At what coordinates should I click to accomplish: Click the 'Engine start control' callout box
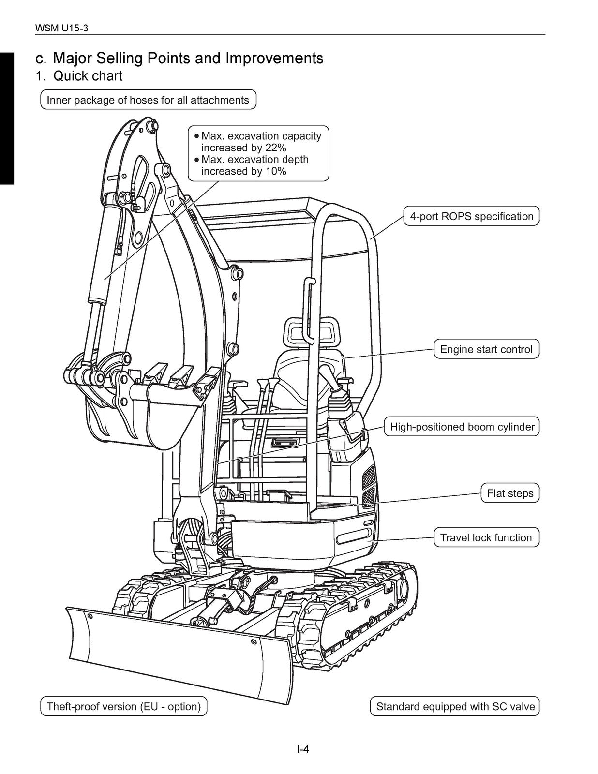pyautogui.click(x=486, y=349)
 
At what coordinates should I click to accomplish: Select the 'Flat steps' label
pyautogui.click(x=510, y=493)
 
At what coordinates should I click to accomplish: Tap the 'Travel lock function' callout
pyautogui.click(x=486, y=537)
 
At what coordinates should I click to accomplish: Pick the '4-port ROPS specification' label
pyautogui.click(x=471, y=216)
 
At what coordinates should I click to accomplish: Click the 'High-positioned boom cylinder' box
pyautogui.click(x=462, y=427)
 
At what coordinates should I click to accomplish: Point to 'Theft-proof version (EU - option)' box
pyautogui.click(x=123, y=706)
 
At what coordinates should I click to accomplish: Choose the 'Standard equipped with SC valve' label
pyautogui.click(x=455, y=706)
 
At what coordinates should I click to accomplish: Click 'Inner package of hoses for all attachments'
pyautogui.click(x=148, y=100)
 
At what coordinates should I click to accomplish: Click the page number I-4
pyautogui.click(x=303, y=749)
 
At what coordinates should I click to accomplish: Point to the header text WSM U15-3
pyautogui.click(x=62, y=29)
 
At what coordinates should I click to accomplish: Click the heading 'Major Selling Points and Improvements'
pyautogui.click(x=188, y=59)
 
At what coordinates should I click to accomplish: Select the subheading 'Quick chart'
pyautogui.click(x=88, y=76)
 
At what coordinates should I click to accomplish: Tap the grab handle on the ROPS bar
pyautogui.click(x=307, y=310)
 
